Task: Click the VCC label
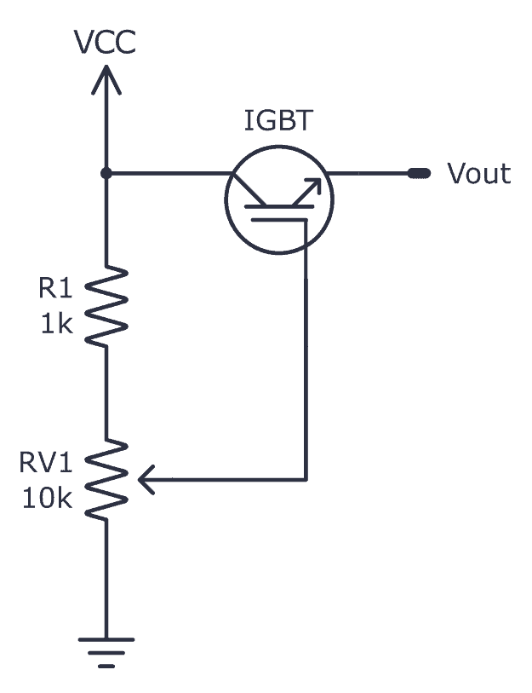coord(105,43)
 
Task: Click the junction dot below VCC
coord(106,173)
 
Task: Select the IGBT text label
coord(277,121)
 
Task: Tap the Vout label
coord(479,174)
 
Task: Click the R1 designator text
coord(55,289)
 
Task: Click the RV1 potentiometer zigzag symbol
coord(106,479)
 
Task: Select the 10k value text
coord(48,499)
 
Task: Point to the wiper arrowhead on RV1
coord(146,481)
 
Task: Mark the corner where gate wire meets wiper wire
coord(306,480)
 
